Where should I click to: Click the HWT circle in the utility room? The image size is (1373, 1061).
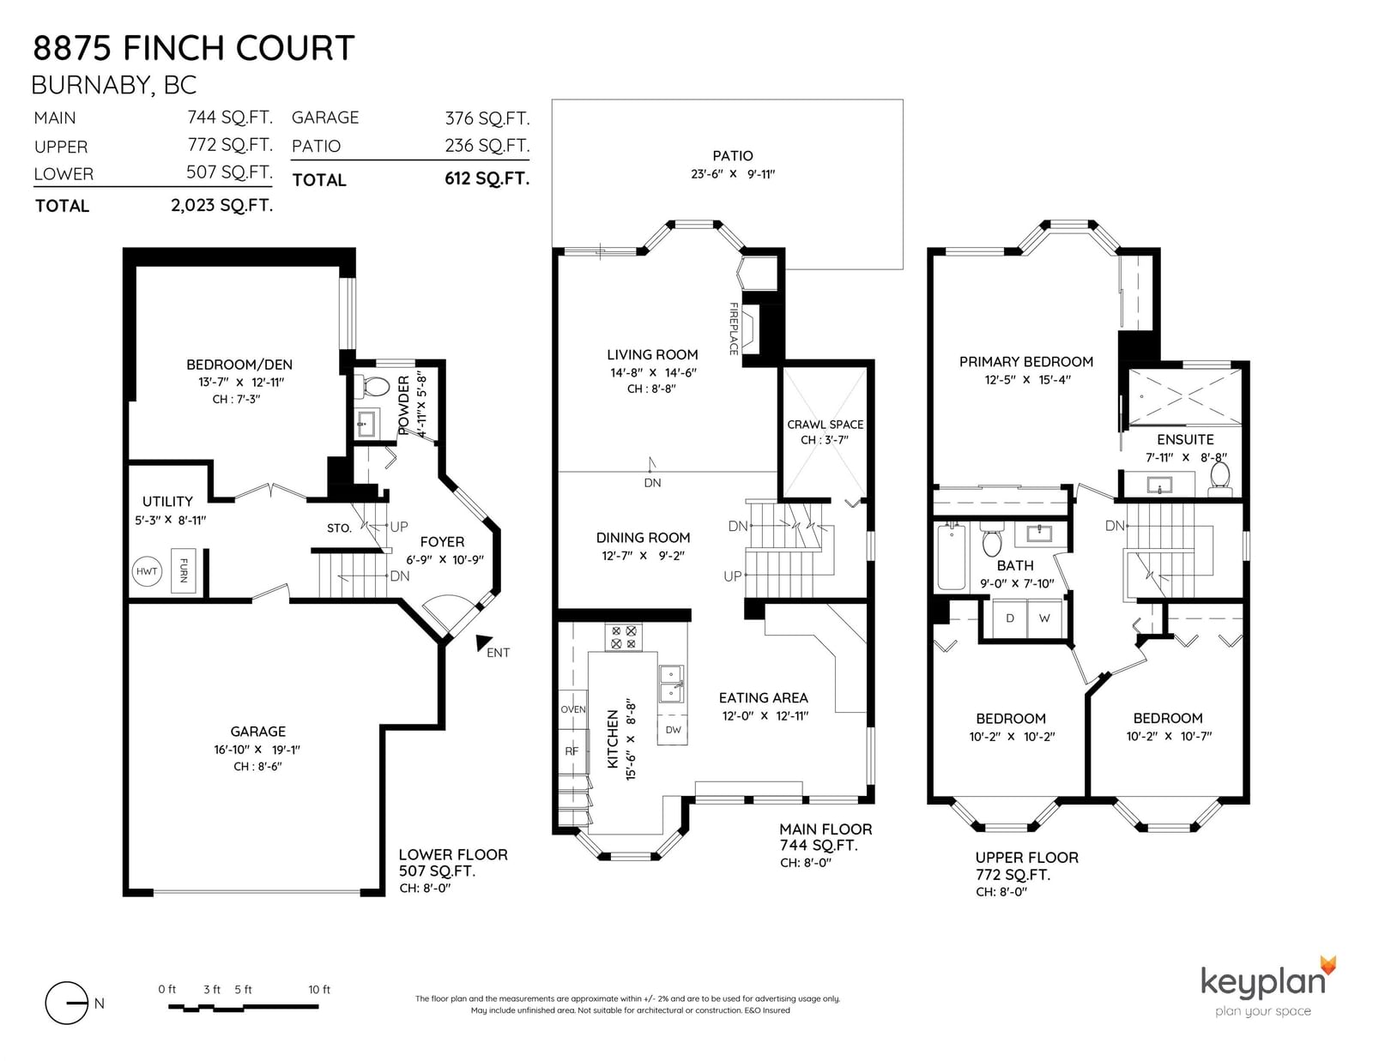148,571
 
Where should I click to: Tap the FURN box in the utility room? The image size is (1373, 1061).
184,570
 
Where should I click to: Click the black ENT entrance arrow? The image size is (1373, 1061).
484,643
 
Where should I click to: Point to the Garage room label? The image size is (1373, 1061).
257,732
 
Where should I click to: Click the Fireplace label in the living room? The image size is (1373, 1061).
734,329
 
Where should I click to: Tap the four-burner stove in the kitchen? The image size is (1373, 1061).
624,637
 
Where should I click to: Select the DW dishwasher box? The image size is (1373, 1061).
673,729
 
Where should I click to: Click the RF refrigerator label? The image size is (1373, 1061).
572,751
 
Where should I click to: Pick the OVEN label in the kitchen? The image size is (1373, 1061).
573,709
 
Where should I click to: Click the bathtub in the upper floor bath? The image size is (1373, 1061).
950,557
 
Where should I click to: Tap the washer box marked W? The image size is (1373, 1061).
1044,618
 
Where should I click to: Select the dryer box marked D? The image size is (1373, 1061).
1010,618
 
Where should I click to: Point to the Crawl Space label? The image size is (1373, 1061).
826,425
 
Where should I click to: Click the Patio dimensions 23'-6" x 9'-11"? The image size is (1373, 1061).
733,173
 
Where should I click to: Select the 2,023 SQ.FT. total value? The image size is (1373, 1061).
221,205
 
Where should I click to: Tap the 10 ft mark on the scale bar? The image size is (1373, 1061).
319,990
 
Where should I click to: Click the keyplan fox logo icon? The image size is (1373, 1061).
1328,966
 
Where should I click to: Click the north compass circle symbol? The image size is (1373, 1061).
66,1003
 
